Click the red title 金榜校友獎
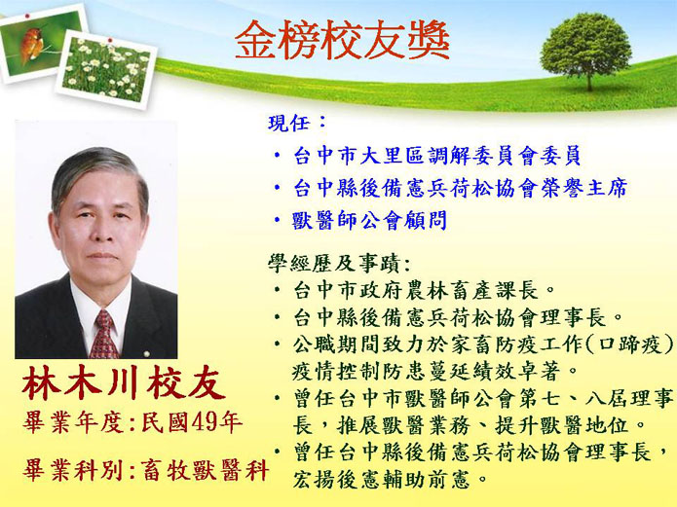pos(342,41)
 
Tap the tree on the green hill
pos(585,50)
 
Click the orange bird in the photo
pos(31,45)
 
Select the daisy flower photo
pos(106,69)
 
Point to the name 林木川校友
pos(124,383)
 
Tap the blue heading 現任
pos(297,123)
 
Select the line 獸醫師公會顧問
pos(369,221)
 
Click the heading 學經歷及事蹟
pos(339,263)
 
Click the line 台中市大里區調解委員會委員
pos(437,156)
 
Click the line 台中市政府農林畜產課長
pos(415,290)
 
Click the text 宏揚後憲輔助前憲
pos(381,480)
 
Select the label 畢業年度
pos(73,422)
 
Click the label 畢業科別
pos(73,469)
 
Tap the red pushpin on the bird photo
pos(28,16)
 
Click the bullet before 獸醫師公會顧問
pos(278,220)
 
